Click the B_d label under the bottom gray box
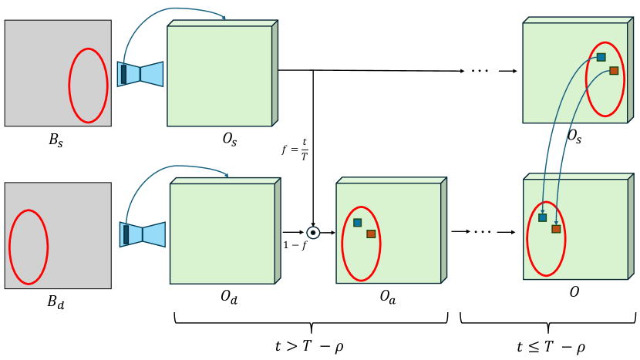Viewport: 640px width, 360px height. coord(55,302)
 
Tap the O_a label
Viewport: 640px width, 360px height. coord(388,297)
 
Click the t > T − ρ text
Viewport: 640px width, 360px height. coord(311,346)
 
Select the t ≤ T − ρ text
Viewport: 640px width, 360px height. coord(551,346)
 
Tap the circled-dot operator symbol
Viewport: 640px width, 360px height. coord(313,232)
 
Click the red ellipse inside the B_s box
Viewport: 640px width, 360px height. coord(88,85)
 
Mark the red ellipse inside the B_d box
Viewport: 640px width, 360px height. coord(29,247)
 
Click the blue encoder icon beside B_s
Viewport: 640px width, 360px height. coord(140,73)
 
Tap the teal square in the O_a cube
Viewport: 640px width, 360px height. coord(357,223)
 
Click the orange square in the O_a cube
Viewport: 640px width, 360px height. coord(371,234)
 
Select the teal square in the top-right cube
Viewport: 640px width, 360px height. coord(601,57)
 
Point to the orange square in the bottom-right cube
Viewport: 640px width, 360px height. coord(556,229)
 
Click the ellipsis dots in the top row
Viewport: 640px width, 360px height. coord(480,71)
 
